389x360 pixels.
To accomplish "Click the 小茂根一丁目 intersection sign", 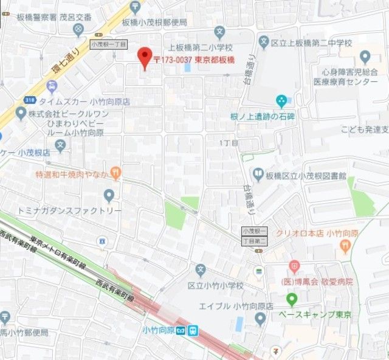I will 108,44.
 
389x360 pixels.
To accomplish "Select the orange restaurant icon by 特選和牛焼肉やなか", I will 115,174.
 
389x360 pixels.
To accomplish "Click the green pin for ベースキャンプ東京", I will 292,299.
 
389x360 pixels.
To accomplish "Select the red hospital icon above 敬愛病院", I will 294,266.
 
